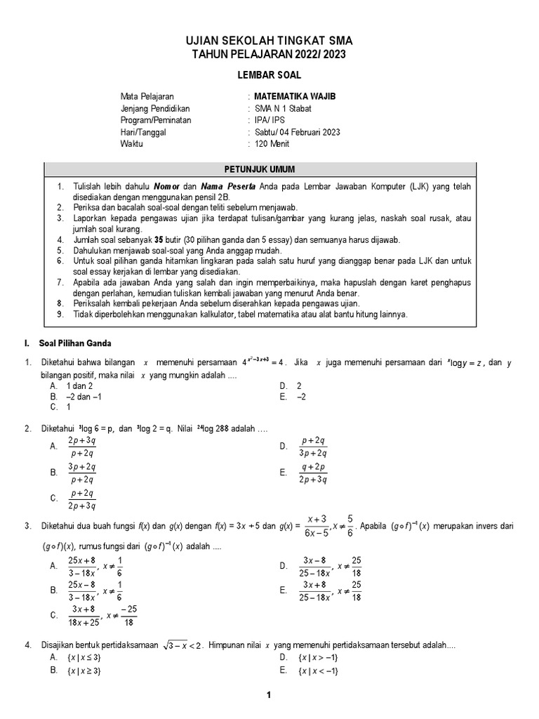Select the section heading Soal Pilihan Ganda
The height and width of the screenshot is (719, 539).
point(76,343)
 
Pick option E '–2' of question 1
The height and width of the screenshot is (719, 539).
point(302,396)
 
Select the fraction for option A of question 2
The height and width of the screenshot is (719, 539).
point(82,446)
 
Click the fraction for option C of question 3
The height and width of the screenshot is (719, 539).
point(87,616)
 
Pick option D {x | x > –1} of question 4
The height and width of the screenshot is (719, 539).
point(318,657)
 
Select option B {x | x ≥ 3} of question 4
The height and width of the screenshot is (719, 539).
point(84,671)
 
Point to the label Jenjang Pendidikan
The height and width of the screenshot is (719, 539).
point(155,108)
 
